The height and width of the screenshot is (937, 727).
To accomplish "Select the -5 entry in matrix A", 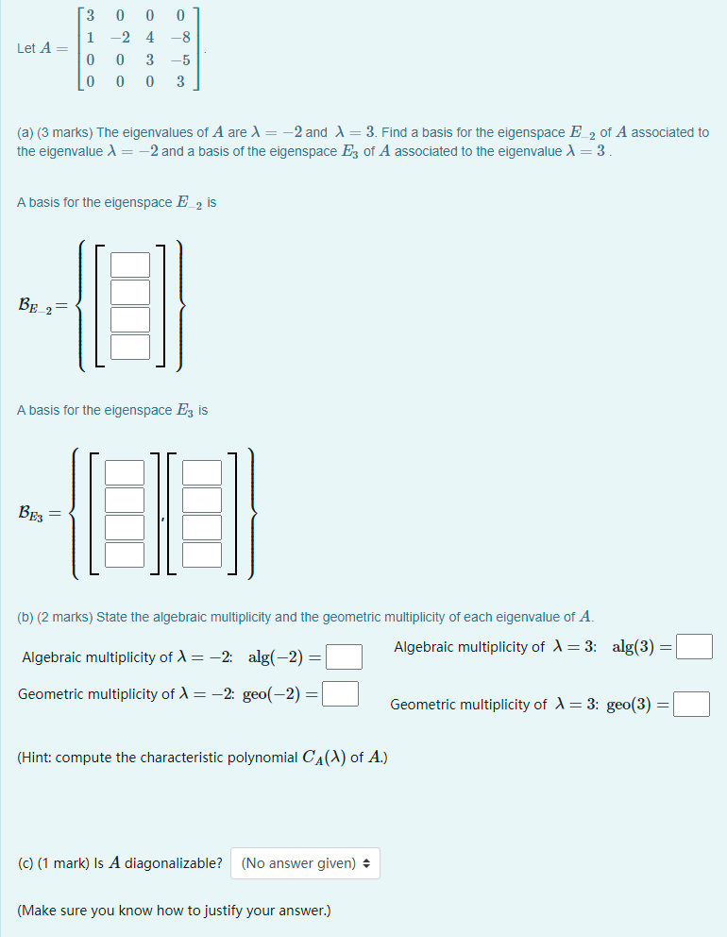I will pyautogui.click(x=179, y=60).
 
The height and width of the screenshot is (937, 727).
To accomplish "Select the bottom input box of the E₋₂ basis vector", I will pyautogui.click(x=131, y=347).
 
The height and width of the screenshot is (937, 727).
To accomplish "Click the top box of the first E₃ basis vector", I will pyautogui.click(x=125, y=472).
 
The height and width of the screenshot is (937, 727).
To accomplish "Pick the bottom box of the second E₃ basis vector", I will pyautogui.click(x=202, y=554).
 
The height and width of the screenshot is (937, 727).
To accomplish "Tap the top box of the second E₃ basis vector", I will pyautogui.click(x=202, y=472).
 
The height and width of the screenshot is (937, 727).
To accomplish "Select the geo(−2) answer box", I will pyautogui.click(x=341, y=694).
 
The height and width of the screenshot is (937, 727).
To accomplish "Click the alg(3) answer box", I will pyautogui.click(x=695, y=647).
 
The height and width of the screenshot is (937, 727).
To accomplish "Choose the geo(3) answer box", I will pyautogui.click(x=692, y=705).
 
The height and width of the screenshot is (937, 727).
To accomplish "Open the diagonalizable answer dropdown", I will pyautogui.click(x=305, y=863).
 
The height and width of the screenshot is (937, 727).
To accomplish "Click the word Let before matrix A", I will pyautogui.click(x=25, y=49).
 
